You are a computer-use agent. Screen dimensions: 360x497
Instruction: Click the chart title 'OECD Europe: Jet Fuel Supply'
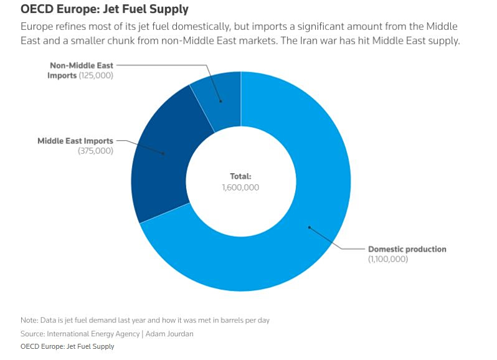(105, 10)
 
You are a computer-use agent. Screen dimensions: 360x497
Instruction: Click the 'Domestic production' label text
(407, 249)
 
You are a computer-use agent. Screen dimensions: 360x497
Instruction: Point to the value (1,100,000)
(388, 259)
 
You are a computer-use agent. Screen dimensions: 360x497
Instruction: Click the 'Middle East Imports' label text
(75, 141)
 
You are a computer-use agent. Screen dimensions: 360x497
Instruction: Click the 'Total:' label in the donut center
(240, 176)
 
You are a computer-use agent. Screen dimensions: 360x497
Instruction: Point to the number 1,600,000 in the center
(240, 187)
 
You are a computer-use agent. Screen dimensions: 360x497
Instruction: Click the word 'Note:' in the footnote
(30, 320)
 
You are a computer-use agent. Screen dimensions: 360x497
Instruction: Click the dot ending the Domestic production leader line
(308, 227)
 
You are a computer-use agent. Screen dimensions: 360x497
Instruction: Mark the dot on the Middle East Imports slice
(164, 153)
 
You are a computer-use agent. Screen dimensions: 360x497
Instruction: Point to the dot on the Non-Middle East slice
(220, 101)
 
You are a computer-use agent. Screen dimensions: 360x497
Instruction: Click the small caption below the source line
(67, 346)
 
